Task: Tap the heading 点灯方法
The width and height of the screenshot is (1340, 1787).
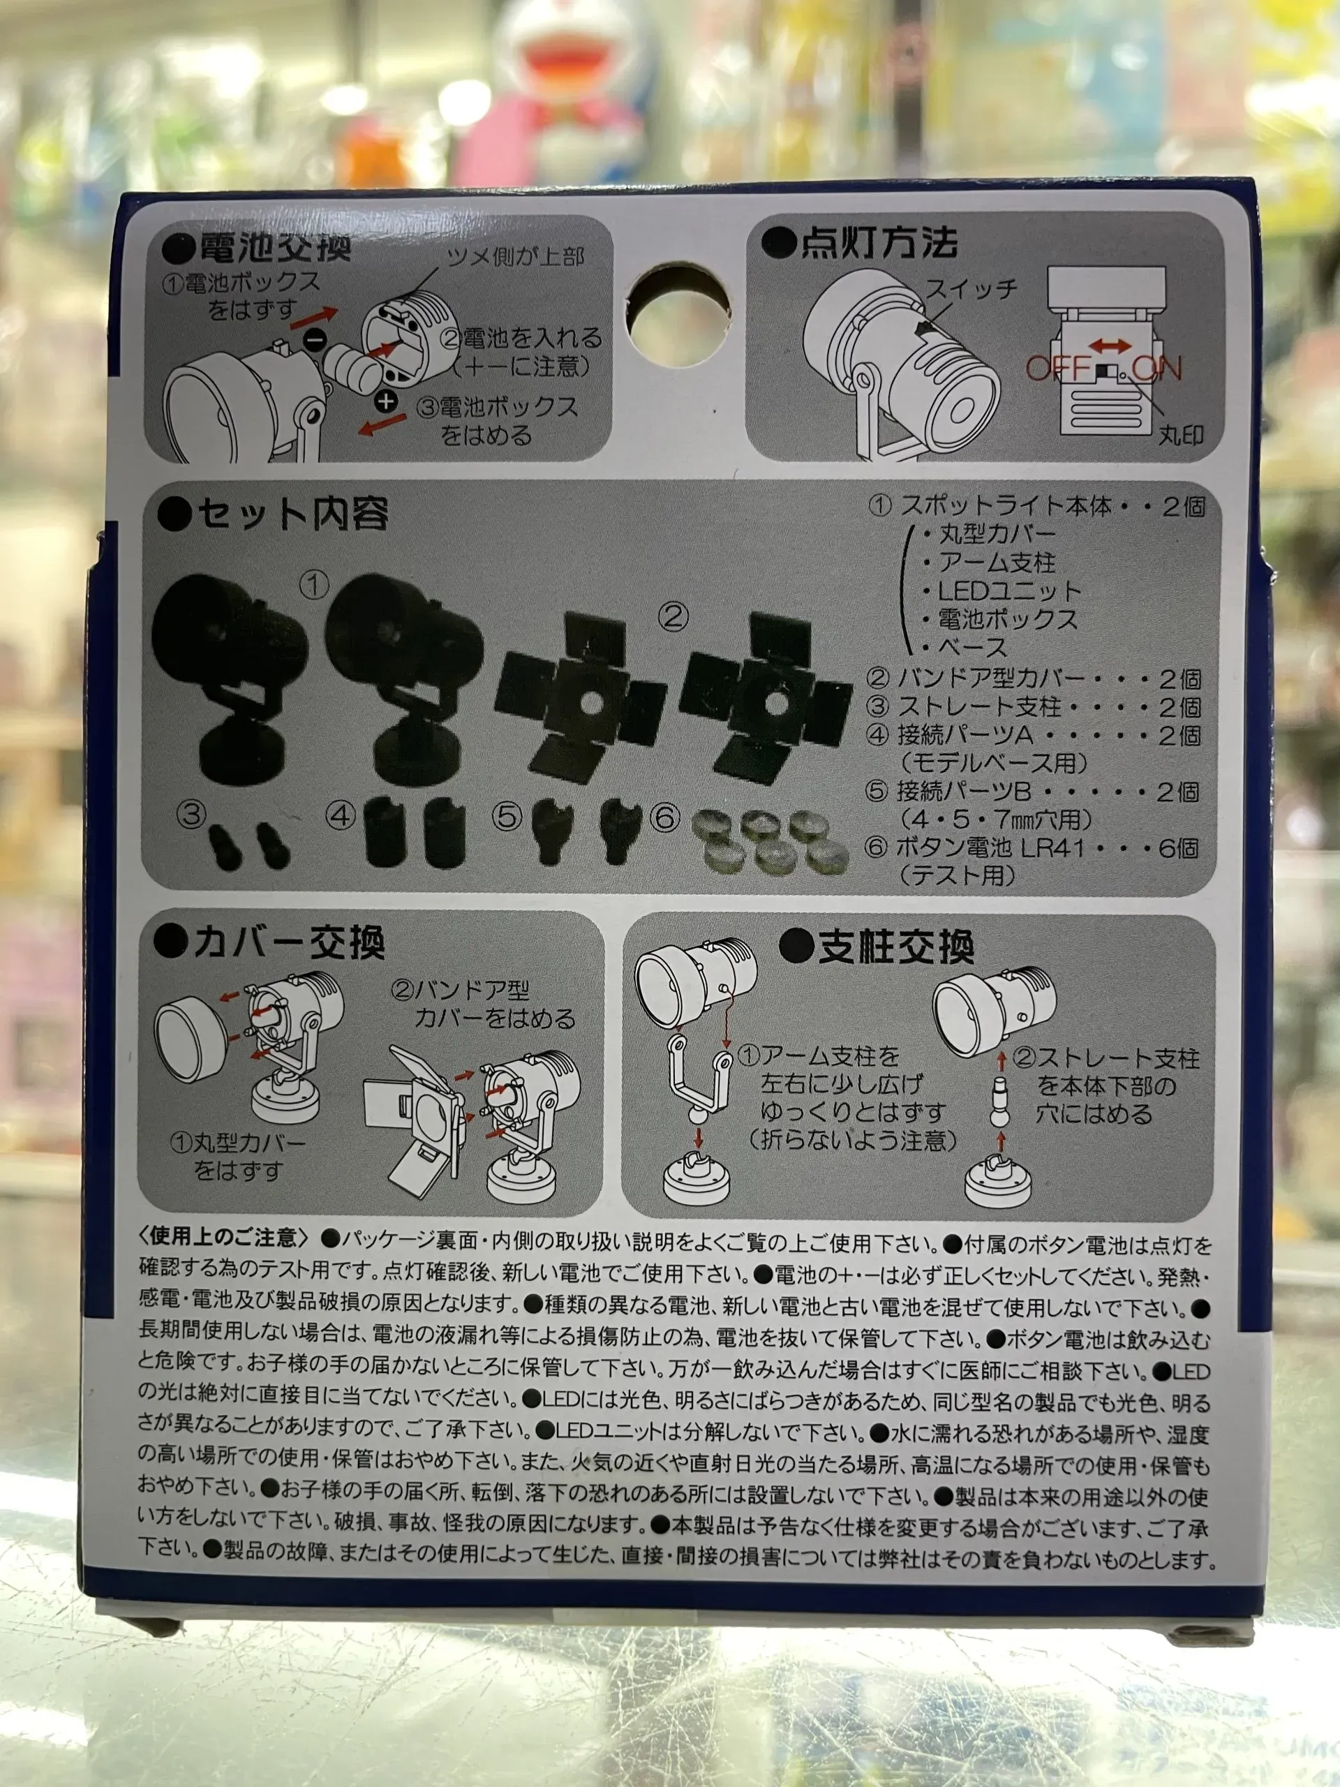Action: coord(879,243)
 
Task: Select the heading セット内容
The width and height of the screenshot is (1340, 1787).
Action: coord(293,514)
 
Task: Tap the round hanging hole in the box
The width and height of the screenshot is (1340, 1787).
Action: coord(678,311)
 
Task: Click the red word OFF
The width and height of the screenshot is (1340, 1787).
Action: coord(1057,369)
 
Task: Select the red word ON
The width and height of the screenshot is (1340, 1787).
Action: coord(1156,369)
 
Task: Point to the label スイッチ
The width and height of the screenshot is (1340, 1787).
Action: coord(971,288)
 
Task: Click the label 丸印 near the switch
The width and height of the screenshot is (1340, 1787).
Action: coord(1181,436)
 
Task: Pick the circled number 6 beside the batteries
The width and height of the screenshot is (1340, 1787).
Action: coord(664,818)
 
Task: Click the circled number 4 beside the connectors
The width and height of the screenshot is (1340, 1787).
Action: coord(340,817)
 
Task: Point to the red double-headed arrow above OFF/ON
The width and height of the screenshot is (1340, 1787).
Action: coord(1110,346)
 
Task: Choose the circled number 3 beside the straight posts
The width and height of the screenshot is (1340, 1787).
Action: coord(191,815)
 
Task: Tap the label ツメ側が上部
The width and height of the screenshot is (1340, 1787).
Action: coord(516,258)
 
